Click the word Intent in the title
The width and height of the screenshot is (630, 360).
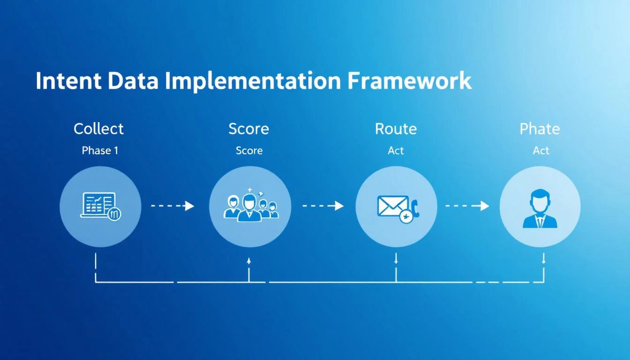(x=68, y=81)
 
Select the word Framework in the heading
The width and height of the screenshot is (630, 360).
(x=409, y=81)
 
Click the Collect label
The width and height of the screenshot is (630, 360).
(x=98, y=129)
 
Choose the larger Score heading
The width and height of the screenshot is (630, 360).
(x=248, y=129)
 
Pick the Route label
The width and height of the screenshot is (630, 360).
(x=396, y=129)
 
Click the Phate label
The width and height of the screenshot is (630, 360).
(x=540, y=129)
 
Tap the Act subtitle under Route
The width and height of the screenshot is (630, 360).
(x=396, y=150)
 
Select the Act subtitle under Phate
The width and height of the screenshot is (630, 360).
(x=540, y=150)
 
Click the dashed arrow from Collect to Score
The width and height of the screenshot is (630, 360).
(x=172, y=206)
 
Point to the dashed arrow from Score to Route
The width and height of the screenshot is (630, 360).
(x=323, y=206)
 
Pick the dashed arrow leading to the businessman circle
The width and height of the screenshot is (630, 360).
(x=467, y=206)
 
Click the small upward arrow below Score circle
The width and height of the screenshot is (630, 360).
(x=249, y=261)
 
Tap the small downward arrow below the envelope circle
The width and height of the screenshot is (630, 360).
(x=396, y=259)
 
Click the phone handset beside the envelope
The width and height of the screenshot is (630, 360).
(x=414, y=208)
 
